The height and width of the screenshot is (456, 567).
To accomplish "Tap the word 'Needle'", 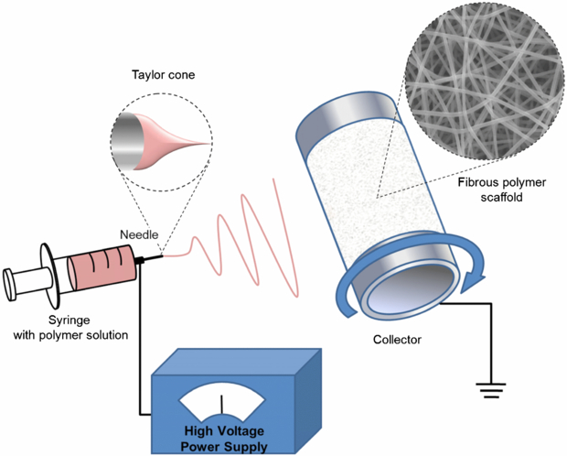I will click(140, 234).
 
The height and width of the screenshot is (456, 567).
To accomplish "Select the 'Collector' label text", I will click(398, 340).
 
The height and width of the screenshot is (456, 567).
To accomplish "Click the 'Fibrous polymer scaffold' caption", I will click(500, 189).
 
